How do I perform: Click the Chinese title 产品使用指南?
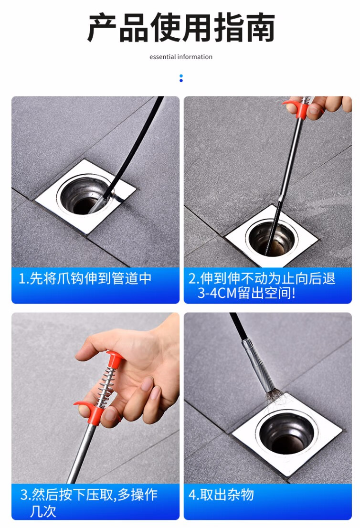[181, 28]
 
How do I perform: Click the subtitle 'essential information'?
[181, 57]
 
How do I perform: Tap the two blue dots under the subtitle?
[181, 78]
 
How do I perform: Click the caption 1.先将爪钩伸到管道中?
[85, 278]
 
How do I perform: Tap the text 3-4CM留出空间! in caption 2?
[246, 293]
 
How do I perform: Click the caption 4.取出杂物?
[221, 495]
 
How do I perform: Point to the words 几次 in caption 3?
[43, 511]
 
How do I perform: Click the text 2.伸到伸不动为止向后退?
[262, 278]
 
